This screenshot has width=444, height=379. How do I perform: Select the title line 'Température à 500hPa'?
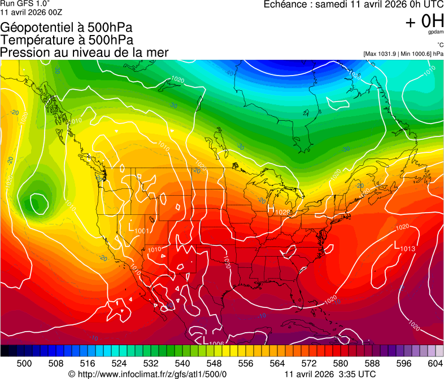67,40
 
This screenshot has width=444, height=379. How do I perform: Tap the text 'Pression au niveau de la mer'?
85,52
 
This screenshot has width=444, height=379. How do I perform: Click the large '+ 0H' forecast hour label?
424,21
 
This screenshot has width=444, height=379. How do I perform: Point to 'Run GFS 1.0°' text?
25,3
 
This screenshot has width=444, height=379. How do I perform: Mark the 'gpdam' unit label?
435,32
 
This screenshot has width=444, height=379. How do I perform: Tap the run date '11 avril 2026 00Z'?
32,12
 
